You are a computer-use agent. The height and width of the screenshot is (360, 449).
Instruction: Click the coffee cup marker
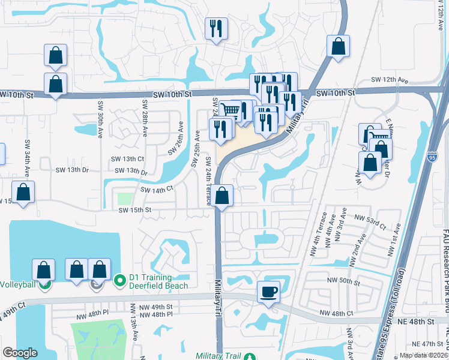click(x=268, y=293)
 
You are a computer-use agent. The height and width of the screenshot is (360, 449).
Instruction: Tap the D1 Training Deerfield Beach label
click(x=158, y=281)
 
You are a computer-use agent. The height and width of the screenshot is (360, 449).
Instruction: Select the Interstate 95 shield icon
click(x=433, y=157)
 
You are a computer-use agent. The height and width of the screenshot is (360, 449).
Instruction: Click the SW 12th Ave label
click(x=389, y=80)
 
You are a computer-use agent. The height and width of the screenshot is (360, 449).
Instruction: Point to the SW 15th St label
click(x=134, y=210)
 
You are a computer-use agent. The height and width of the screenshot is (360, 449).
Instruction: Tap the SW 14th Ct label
click(x=157, y=189)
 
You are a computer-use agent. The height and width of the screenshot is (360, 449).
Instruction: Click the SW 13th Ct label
click(x=127, y=159)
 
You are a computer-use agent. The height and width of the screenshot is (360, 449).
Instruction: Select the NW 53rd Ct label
click(x=370, y=221)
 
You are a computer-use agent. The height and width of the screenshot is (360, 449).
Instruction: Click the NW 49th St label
click(x=158, y=307)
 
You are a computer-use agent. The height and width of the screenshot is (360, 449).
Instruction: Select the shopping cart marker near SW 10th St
click(x=230, y=110)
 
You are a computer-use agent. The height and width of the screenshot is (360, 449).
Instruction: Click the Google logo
click(x=20, y=353)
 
